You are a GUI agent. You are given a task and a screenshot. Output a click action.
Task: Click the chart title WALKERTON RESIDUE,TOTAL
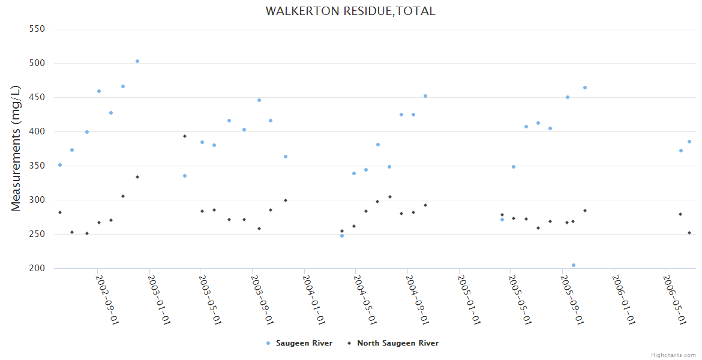click(x=350, y=11)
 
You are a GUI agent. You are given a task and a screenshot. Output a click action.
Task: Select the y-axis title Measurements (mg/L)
click(x=16, y=148)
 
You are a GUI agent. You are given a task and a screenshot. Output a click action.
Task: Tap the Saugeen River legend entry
click(x=304, y=343)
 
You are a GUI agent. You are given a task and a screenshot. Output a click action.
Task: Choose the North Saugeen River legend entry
click(x=397, y=343)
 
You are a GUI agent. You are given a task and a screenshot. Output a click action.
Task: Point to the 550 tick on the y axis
click(x=37, y=29)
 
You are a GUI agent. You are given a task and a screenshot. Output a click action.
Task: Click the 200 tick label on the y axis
click(x=37, y=268)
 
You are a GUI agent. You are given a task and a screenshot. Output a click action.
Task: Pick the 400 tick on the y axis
click(x=37, y=131)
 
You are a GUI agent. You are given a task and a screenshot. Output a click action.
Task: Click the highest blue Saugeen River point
click(x=137, y=61)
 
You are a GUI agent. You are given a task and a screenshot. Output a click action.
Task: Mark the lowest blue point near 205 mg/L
click(x=574, y=265)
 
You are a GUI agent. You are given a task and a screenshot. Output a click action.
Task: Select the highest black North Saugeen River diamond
click(x=185, y=136)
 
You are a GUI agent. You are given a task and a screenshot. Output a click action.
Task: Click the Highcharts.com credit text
click(x=673, y=355)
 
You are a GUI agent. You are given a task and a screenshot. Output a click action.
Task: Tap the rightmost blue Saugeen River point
click(x=689, y=142)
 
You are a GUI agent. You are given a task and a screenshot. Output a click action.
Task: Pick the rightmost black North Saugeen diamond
click(x=689, y=233)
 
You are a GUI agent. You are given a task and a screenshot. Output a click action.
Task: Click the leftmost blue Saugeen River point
click(x=60, y=165)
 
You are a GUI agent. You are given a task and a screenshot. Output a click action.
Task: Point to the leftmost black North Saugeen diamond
click(x=60, y=212)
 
